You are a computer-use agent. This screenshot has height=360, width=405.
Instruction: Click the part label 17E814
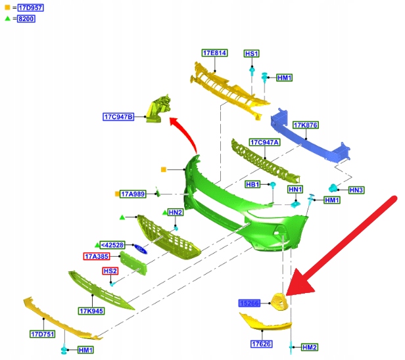click(x=214, y=53)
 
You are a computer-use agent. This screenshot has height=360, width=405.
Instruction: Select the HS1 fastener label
click(x=252, y=53)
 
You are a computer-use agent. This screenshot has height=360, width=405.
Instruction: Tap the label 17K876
click(x=305, y=125)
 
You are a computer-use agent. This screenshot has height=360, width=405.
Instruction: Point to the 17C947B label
click(x=118, y=117)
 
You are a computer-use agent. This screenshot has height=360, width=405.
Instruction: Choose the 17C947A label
click(x=264, y=142)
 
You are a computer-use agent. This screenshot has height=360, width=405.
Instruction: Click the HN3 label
click(x=356, y=190)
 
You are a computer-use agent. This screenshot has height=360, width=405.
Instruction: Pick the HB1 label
click(x=253, y=185)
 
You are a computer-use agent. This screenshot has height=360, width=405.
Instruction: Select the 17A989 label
click(x=132, y=194)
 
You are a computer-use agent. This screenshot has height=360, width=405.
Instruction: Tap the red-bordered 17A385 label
click(x=97, y=256)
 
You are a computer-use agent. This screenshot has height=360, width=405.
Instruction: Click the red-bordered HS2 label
click(x=110, y=271)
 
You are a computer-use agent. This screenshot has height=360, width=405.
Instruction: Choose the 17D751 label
click(x=41, y=334)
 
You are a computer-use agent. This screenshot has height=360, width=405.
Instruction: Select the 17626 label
click(x=261, y=344)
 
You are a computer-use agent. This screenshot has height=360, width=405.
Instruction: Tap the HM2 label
click(x=310, y=347)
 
